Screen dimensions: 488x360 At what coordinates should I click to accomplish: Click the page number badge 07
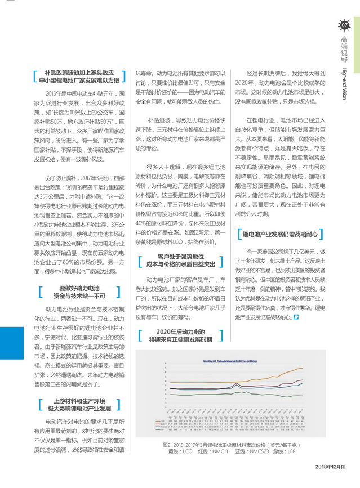click(x=345, y=25)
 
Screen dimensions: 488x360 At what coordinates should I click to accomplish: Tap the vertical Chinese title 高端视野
click(x=344, y=49)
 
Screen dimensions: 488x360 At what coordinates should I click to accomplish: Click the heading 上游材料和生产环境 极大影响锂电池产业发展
click(x=79, y=404)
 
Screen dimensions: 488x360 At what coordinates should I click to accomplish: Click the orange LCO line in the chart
click(x=282, y=374)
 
